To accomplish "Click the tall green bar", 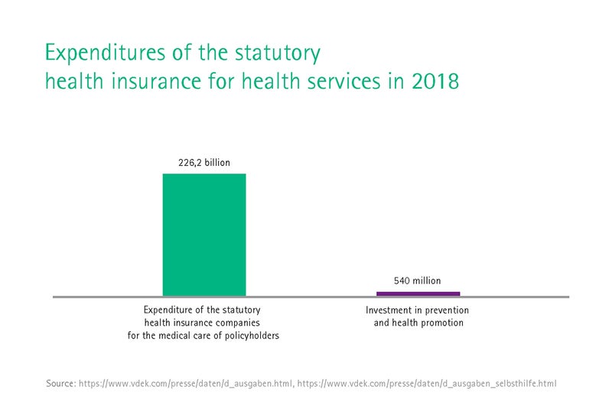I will (204, 235).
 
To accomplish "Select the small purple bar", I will (418, 294).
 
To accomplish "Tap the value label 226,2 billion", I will (204, 162).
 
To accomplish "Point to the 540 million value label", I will (417, 281).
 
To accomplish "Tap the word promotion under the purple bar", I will (440, 323).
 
